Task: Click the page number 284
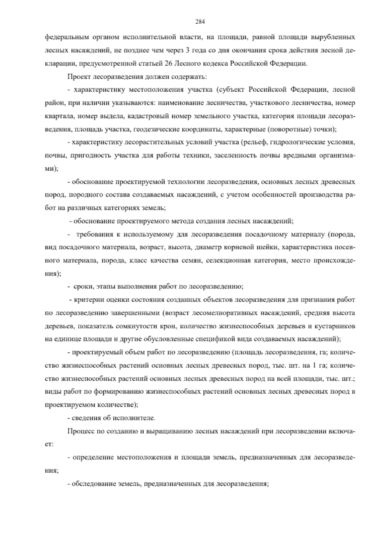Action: click(200, 22)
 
